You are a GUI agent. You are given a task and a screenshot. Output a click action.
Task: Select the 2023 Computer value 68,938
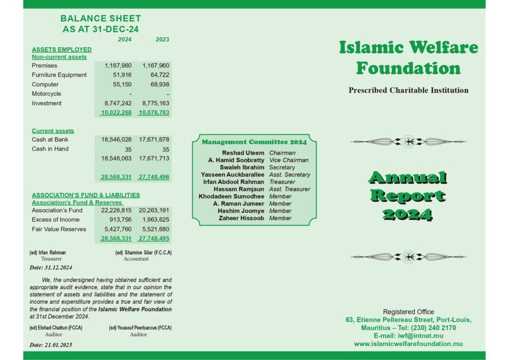click(x=156, y=85)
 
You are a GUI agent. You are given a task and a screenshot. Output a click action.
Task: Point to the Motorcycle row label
click(x=46, y=94)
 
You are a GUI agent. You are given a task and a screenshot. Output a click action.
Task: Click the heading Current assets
click(x=53, y=131)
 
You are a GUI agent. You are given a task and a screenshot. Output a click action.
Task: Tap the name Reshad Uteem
click(x=243, y=153)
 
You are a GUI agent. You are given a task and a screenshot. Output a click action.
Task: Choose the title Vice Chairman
click(x=288, y=161)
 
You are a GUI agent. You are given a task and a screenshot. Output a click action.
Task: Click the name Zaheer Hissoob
click(x=241, y=218)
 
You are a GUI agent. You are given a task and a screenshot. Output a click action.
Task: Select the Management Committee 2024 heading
click(x=254, y=142)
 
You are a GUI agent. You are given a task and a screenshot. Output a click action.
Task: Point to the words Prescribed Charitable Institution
click(x=409, y=90)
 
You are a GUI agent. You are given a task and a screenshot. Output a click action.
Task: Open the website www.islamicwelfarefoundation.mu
click(x=409, y=344)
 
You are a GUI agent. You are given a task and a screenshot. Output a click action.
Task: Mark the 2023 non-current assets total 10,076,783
click(x=154, y=113)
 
